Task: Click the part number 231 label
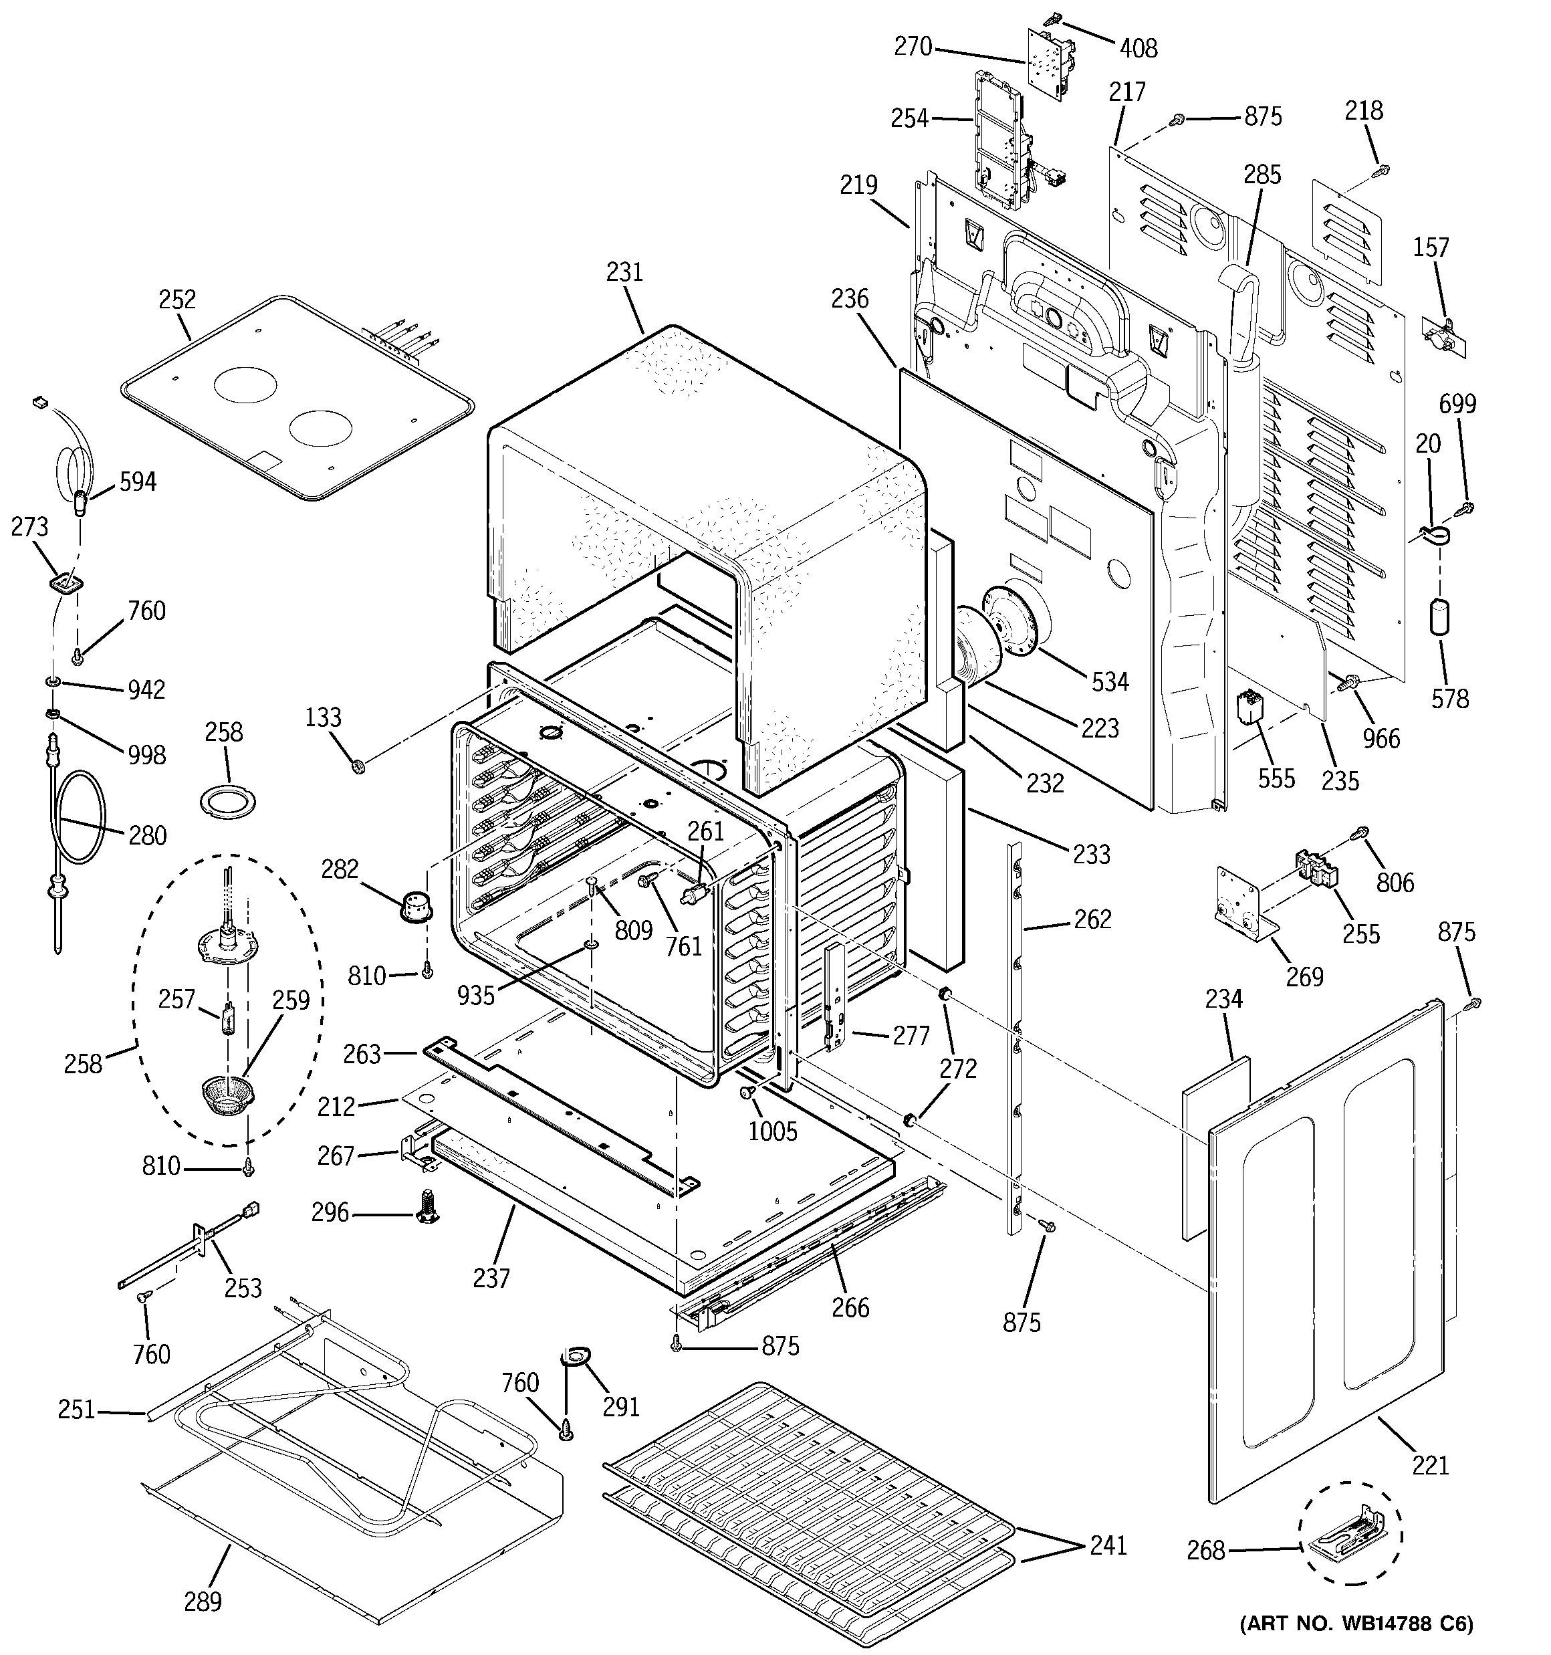[x=624, y=272]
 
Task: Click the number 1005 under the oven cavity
[x=773, y=1131]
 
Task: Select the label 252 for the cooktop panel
[x=177, y=299]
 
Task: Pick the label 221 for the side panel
[x=1430, y=1464]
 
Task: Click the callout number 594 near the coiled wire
[x=137, y=481]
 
